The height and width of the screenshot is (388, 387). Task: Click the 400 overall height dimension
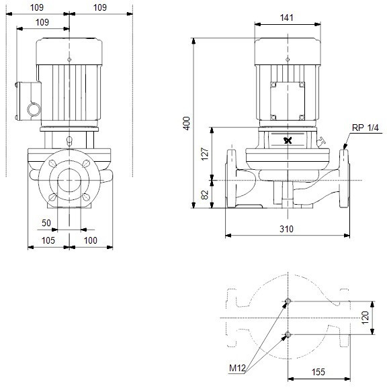[186, 124]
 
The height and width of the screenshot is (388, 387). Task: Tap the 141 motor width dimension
[287, 18]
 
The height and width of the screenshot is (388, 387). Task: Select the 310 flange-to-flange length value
[286, 229]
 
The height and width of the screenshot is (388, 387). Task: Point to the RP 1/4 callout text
[365, 128]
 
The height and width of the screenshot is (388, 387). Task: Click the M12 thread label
[237, 369]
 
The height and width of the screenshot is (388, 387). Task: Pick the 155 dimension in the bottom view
[318, 372]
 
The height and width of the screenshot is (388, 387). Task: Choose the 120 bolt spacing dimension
[365, 318]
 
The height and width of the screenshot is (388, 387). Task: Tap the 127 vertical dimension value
[205, 154]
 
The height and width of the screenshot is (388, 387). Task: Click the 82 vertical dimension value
[205, 195]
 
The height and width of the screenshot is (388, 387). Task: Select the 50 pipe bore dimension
[46, 223]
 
